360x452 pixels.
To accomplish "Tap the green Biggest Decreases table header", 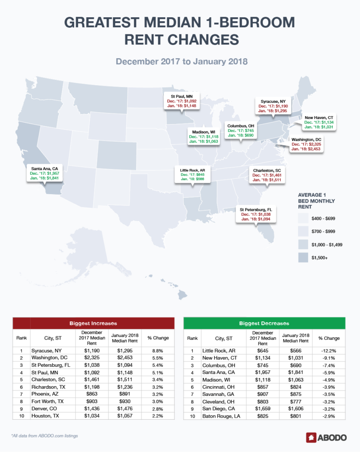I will coord(265,323).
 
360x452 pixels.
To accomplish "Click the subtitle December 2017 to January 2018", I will coord(180,61).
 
